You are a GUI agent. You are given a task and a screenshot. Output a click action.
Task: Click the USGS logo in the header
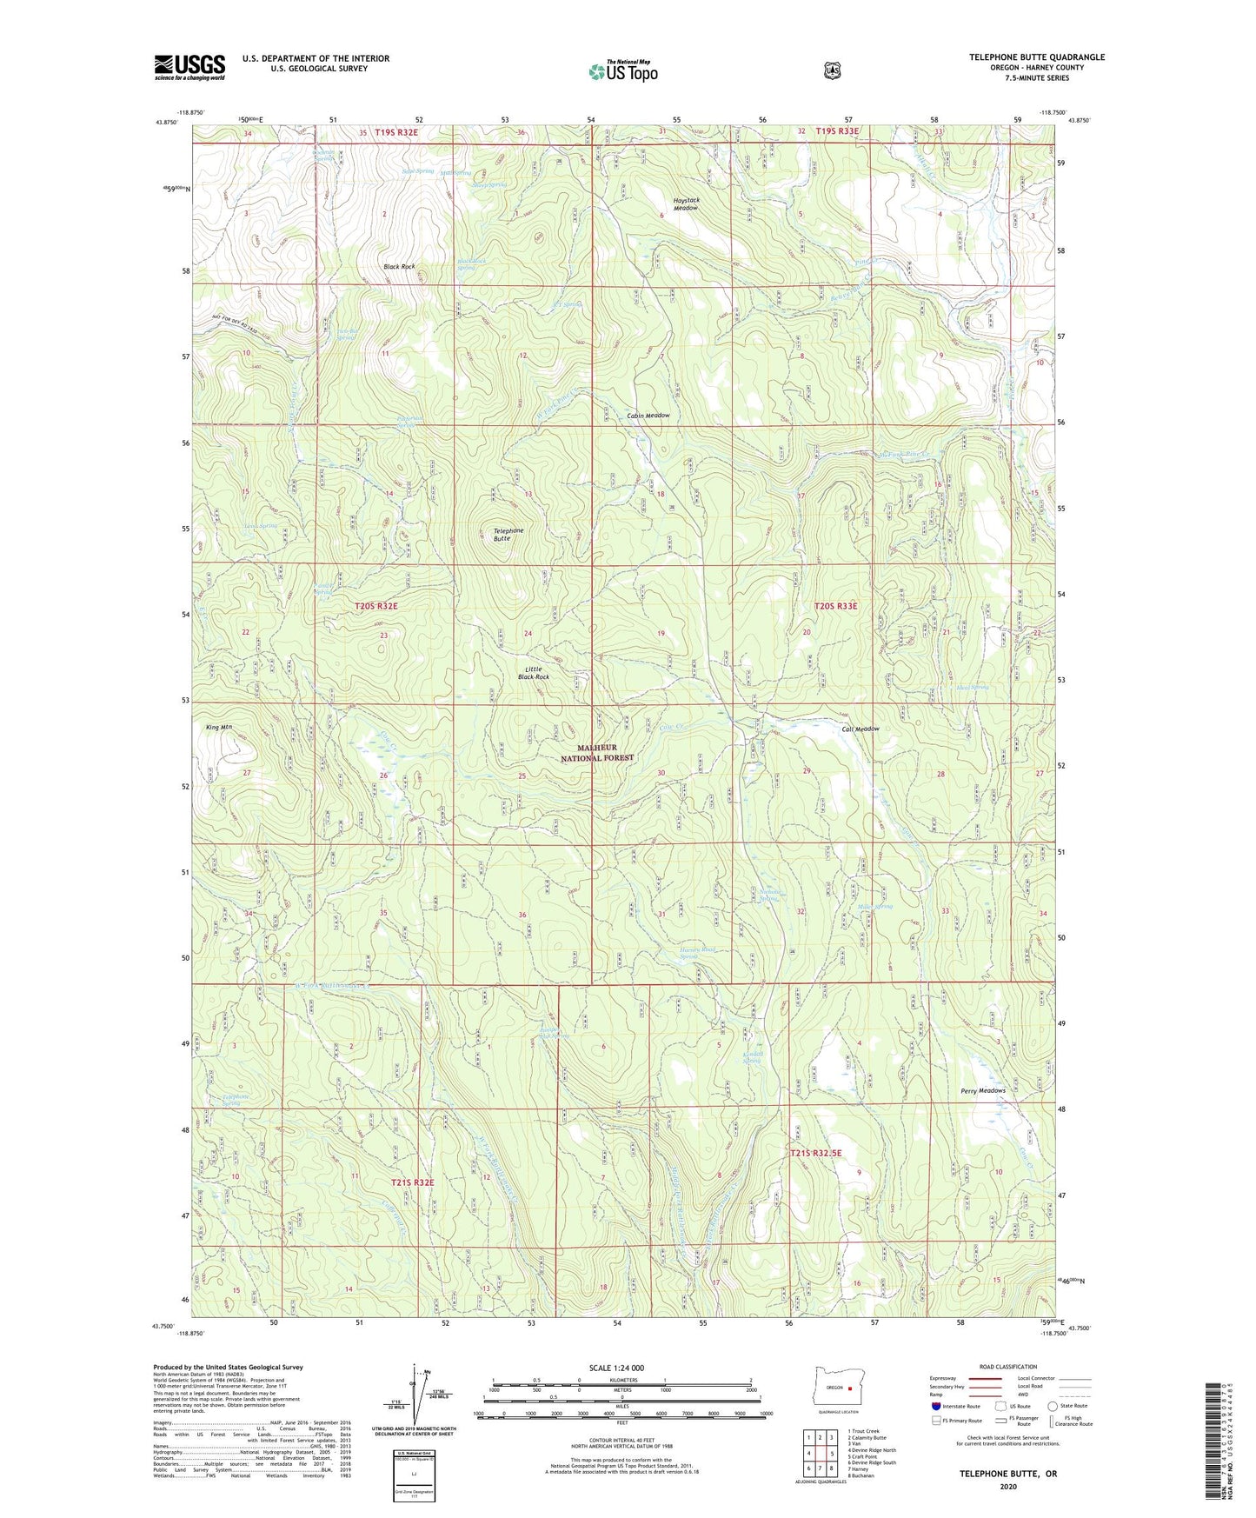point(189,67)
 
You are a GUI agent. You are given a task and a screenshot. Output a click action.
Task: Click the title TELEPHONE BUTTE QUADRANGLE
point(1037,57)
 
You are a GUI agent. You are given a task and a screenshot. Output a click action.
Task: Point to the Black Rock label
point(399,266)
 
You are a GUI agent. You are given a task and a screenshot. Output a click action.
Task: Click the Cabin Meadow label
point(648,416)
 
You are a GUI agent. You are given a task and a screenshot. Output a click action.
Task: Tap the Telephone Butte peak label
point(508,534)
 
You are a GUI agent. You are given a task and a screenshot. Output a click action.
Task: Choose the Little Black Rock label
point(534,672)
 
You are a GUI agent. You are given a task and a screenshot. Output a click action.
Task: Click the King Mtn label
point(218,726)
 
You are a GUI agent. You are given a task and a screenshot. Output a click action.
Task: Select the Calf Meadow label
point(861,729)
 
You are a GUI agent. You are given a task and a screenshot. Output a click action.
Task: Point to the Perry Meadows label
point(982,1090)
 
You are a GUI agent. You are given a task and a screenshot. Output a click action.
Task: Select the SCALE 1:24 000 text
point(616,1368)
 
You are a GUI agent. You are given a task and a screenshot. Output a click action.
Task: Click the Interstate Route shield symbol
point(935,1406)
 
